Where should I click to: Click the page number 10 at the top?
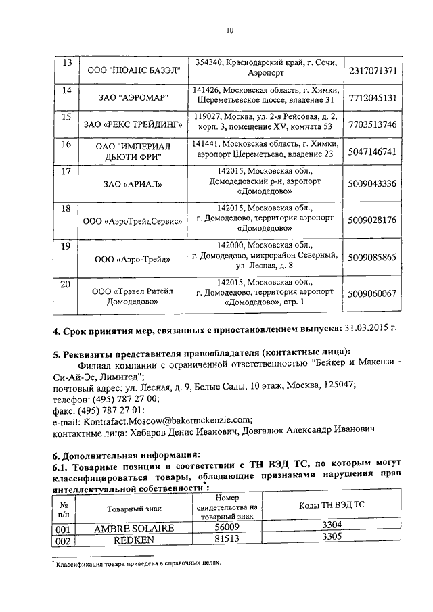[x=230, y=30]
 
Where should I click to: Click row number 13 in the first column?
[x=67, y=62]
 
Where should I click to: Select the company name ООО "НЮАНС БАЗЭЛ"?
[x=134, y=70]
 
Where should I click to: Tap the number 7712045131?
[x=372, y=98]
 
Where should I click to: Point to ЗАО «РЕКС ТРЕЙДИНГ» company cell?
[x=134, y=125]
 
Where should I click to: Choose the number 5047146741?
[x=372, y=152]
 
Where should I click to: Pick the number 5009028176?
[x=372, y=220]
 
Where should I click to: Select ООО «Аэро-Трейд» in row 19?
[x=134, y=258]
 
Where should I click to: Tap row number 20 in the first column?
[x=67, y=284]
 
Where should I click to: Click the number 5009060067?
[x=372, y=293]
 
